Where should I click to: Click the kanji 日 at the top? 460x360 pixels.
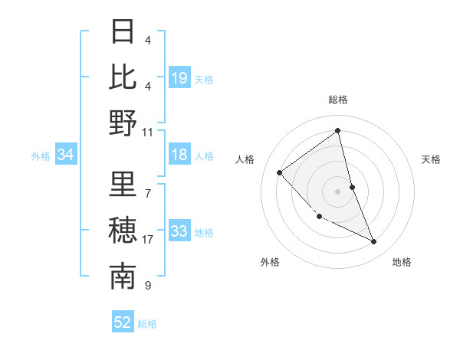123,33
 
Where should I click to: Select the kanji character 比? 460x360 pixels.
123,77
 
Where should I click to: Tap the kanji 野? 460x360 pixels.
123,123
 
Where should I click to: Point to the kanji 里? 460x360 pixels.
123,185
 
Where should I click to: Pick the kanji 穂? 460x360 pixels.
123,231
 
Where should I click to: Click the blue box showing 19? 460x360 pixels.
179,77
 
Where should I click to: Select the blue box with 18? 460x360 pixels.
179,155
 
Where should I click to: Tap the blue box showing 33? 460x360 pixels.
179,232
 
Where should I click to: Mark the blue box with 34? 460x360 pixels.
66,155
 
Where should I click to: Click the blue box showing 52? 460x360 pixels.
123,323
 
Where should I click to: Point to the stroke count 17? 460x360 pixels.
148,240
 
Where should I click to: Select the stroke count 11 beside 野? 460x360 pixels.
148,132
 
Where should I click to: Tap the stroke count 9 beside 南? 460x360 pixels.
148,286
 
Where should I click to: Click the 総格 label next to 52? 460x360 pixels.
147,324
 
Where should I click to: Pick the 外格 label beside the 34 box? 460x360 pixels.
41,156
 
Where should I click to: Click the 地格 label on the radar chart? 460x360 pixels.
402,263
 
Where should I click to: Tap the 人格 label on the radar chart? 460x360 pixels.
245,159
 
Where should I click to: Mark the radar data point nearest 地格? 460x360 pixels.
374,242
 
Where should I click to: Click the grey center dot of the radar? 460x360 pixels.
337,191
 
